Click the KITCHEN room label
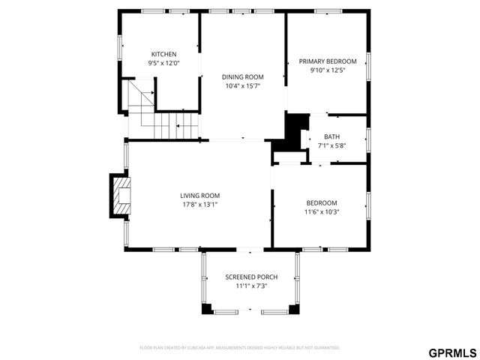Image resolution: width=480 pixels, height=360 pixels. point(163,54)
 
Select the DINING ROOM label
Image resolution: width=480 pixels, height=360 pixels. point(242,76)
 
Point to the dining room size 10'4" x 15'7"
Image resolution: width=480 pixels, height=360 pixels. point(242,85)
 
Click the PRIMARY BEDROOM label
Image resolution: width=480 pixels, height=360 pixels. point(327,61)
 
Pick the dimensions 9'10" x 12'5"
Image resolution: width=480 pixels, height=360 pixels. point(327,70)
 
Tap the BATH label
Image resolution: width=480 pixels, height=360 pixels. point(331,136)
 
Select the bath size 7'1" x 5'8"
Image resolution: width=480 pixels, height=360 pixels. point(331,145)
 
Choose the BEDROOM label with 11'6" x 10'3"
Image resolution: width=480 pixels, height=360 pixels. point(321,202)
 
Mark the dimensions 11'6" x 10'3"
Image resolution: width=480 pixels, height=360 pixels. point(321,211)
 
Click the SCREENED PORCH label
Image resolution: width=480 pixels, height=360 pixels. point(251,277)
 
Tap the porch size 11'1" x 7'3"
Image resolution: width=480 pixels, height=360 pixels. point(251,286)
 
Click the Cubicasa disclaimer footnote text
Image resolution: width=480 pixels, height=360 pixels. point(240,348)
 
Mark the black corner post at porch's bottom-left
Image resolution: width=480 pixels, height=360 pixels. point(206,308)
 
